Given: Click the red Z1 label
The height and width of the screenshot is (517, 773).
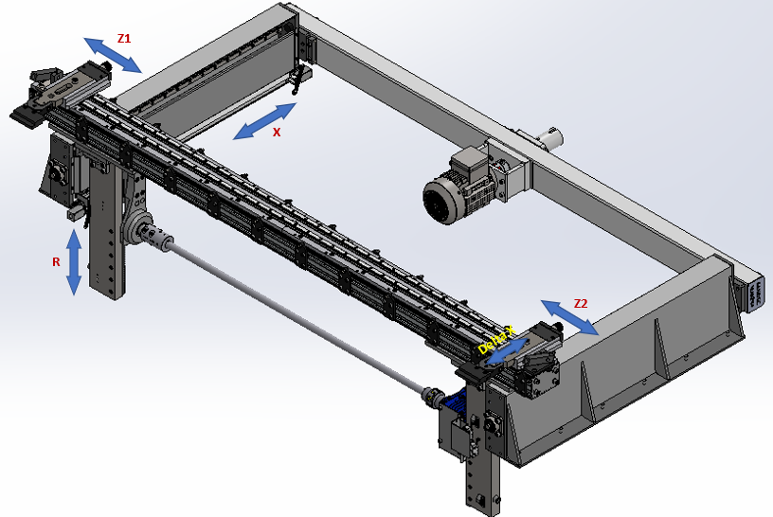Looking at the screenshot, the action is tap(124, 38).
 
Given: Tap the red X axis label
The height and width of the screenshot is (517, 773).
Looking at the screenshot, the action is tap(277, 132).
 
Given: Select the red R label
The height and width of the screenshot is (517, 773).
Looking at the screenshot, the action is tap(56, 262).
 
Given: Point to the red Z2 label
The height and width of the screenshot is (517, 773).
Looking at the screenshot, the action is tap(581, 304).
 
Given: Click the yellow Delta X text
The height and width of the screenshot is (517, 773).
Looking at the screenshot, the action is tap(496, 340).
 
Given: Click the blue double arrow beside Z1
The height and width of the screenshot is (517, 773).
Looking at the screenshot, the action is tap(113, 55).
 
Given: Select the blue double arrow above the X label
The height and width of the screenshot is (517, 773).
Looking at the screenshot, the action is tap(264, 121).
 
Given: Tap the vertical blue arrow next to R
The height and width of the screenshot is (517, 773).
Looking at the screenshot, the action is tap(74, 262).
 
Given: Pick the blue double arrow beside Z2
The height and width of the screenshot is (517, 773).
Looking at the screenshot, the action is tap(570, 317).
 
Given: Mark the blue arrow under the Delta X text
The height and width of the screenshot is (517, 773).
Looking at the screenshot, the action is tap(506, 352).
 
